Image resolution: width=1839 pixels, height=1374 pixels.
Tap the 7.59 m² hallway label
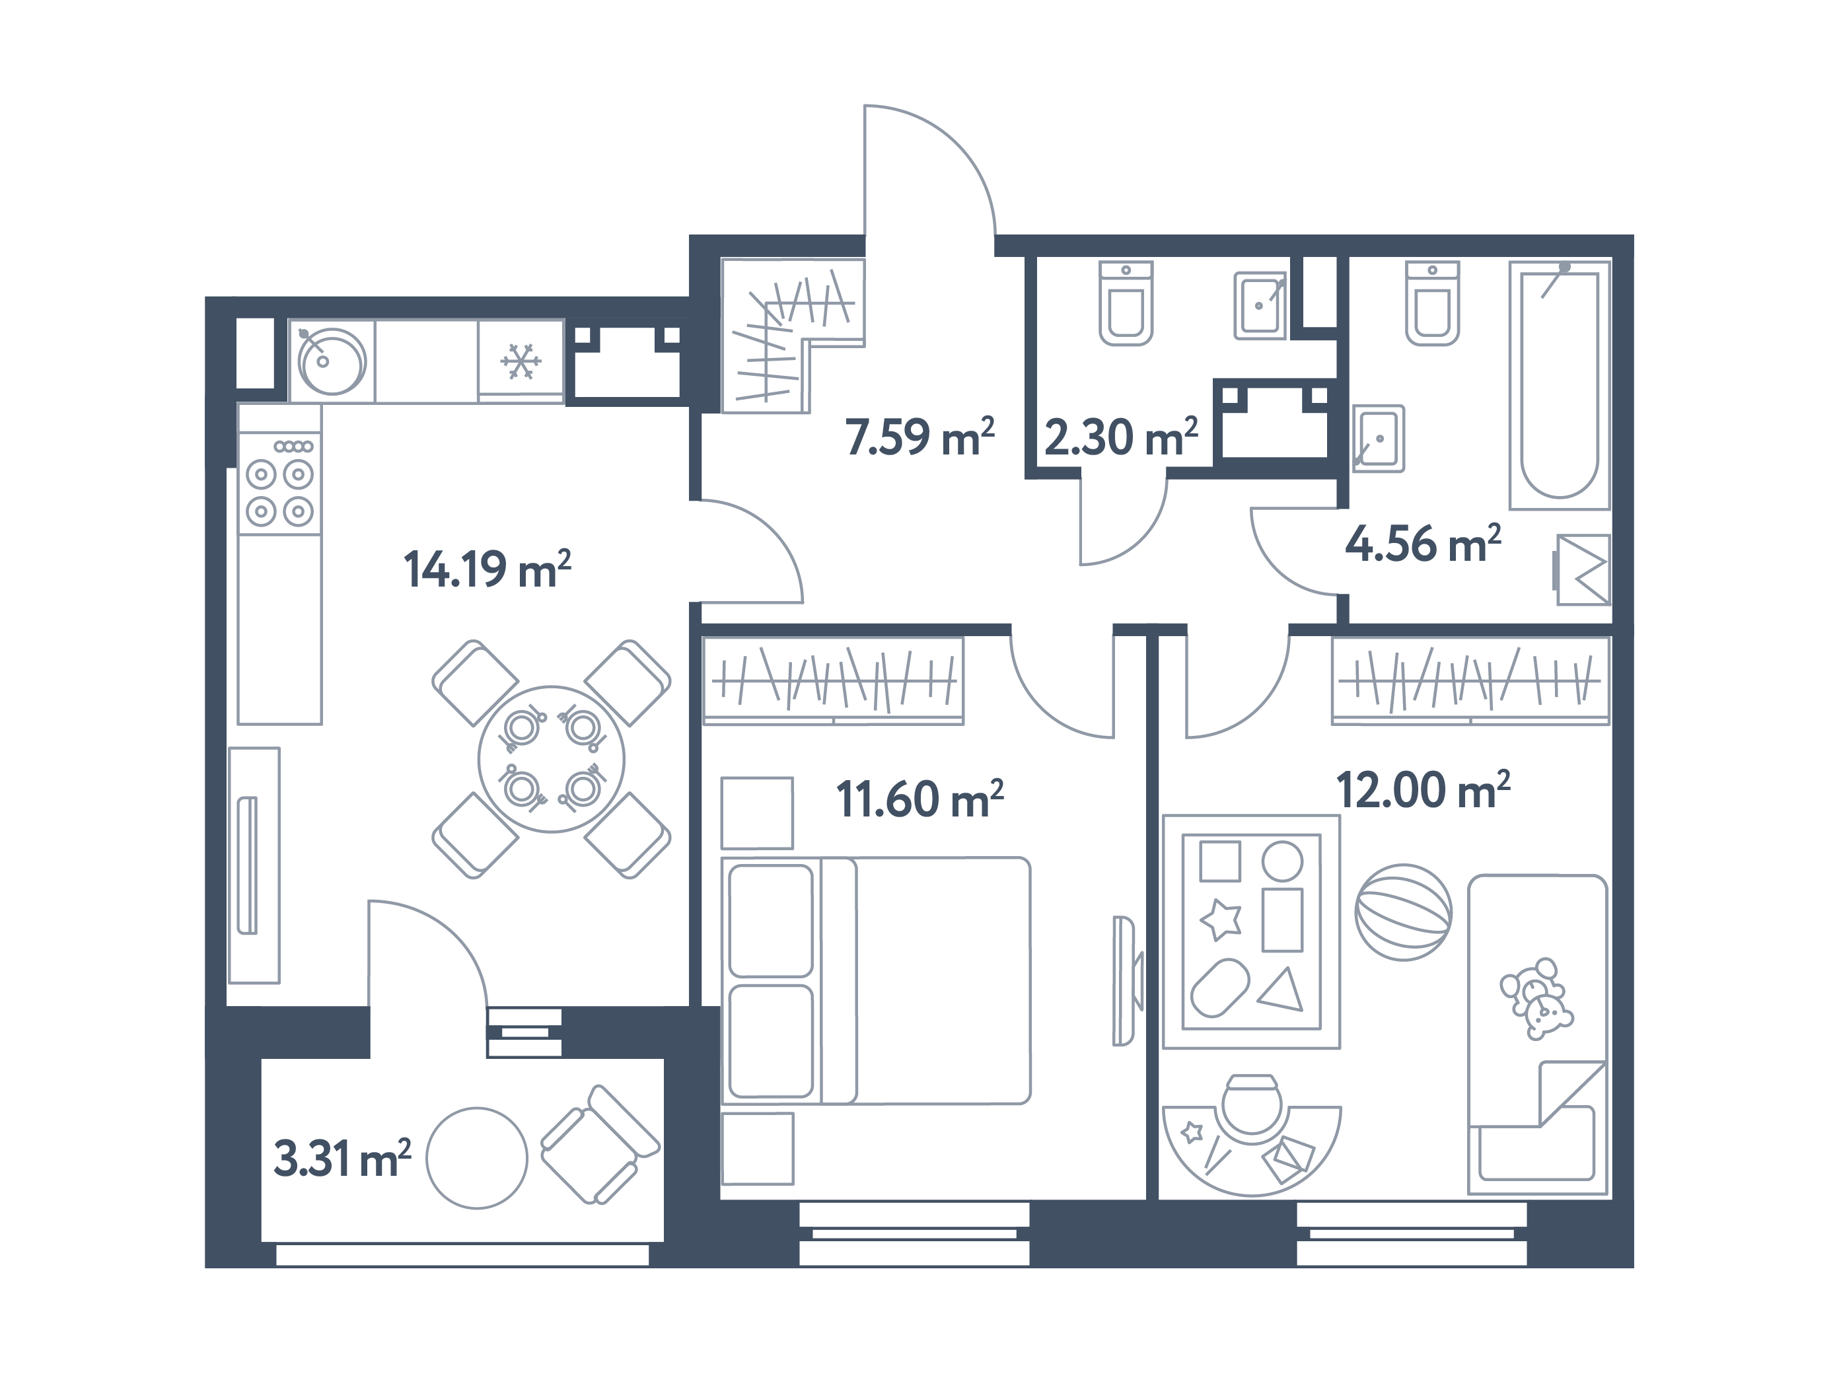pyautogui.click(x=919, y=437)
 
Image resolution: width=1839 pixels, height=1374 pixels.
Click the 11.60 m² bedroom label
pyautogui.click(x=919, y=800)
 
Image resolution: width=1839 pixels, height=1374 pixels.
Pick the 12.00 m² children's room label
pyautogui.click(x=1422, y=791)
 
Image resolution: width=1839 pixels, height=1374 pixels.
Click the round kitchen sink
pyautogui.click(x=332, y=361)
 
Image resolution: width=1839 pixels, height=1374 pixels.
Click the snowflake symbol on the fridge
pyautogui.click(x=521, y=361)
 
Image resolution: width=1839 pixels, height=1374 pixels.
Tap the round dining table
pyautogui.click(x=551, y=758)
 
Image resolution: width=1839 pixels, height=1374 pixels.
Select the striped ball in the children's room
pyautogui.click(x=1403, y=912)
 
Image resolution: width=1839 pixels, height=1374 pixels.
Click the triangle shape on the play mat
pyautogui.click(x=1283, y=991)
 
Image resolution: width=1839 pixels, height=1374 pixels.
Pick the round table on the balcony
pyautogui.click(x=476, y=1157)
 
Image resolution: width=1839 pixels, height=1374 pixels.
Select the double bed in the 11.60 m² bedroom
pyautogui.click(x=877, y=981)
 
